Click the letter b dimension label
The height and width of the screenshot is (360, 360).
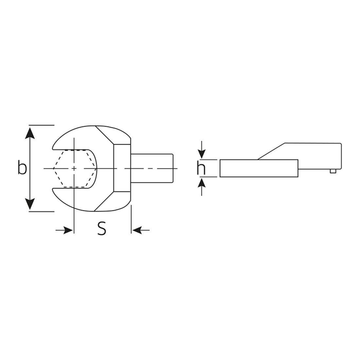click(22, 168)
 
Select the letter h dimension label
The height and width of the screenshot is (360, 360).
click(201, 168)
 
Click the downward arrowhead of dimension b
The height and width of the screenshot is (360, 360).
click(30, 205)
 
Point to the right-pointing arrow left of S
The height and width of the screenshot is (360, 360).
click(65, 230)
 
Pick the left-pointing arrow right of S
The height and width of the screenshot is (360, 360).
click(139, 230)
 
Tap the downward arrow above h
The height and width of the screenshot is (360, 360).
click(203, 152)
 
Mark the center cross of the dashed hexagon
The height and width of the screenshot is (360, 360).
click(74, 168)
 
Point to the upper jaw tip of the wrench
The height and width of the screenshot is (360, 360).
click(54, 148)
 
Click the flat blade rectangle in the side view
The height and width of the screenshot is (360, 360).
click(259, 168)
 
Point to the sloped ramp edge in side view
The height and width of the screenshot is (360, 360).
click(272, 151)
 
